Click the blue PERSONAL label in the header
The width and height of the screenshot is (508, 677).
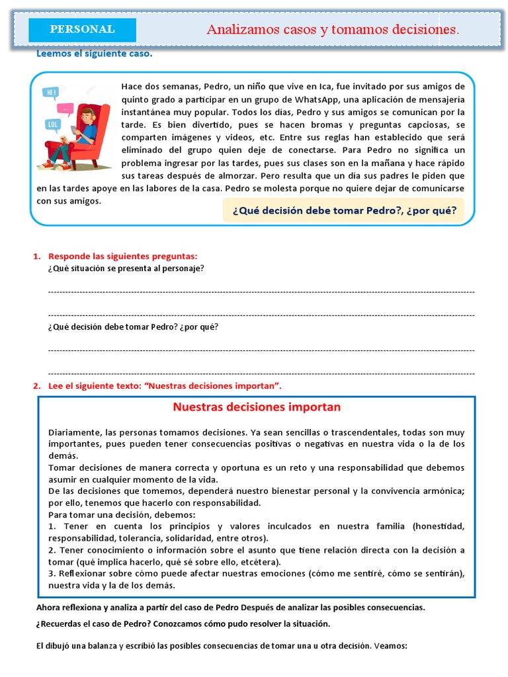coord(82,30)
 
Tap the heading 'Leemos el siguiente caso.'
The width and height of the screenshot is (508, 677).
coord(94,54)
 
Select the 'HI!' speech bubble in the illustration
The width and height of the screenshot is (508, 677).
coord(50,93)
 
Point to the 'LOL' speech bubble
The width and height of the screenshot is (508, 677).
coord(52,124)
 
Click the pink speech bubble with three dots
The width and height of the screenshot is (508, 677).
coord(65,108)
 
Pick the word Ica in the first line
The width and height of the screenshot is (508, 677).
coord(324,87)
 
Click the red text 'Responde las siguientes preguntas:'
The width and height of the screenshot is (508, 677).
coord(123,256)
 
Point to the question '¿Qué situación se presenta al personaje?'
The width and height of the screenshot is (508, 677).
coord(126,268)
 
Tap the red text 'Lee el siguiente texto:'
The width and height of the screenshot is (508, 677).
coord(92,385)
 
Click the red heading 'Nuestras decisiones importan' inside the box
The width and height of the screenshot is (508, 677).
coord(257,407)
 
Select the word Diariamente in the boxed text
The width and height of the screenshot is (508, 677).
coord(72,432)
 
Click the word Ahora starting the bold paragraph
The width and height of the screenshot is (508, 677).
coord(48,607)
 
